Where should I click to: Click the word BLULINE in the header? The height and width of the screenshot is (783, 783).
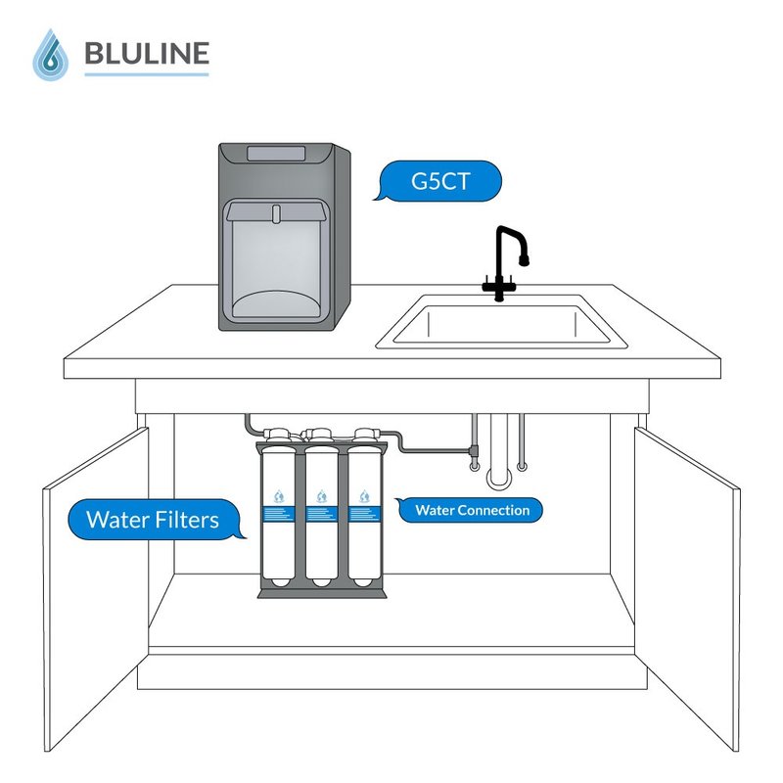pyautogui.click(x=146, y=52)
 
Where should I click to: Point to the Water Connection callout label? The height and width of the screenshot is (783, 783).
pyautogui.click(x=471, y=510)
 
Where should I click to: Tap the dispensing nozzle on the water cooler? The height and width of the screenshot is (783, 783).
pyautogui.click(x=276, y=212)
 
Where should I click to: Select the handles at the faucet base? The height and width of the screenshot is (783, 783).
pyautogui.click(x=499, y=287)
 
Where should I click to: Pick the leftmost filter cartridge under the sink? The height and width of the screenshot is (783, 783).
pyautogui.click(x=279, y=514)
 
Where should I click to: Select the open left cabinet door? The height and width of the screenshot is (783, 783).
pyautogui.click(x=93, y=587)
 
